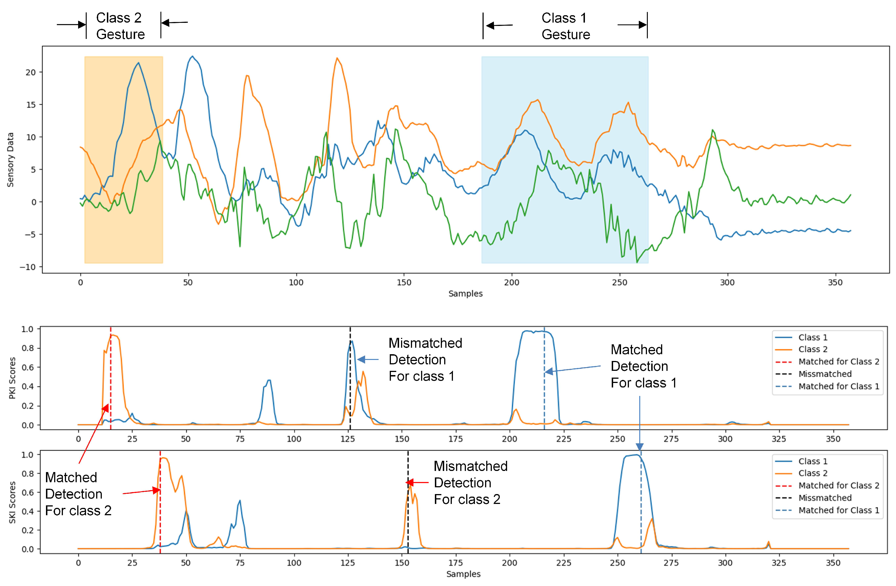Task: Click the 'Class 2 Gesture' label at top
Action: point(120,26)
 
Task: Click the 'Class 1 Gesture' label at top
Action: point(565,26)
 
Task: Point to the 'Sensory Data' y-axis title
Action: point(10,160)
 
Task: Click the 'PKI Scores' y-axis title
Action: point(12,378)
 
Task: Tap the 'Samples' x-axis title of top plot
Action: point(465,294)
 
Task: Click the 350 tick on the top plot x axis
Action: point(835,282)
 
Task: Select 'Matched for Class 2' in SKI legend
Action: point(838,486)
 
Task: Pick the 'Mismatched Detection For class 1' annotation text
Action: point(425,360)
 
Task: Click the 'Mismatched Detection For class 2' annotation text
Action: point(470,483)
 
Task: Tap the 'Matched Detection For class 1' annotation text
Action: point(643,366)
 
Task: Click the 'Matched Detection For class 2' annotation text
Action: point(78,494)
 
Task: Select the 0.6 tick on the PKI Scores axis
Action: point(27,367)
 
